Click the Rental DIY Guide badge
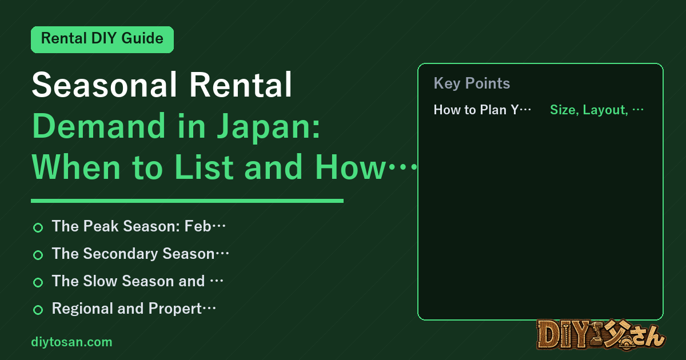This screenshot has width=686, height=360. (x=102, y=39)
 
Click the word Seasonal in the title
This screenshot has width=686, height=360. (x=105, y=85)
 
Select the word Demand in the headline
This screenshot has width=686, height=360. (x=98, y=126)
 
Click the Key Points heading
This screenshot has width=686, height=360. (x=472, y=83)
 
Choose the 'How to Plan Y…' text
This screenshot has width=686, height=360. (x=482, y=110)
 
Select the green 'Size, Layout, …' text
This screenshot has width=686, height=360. (x=597, y=110)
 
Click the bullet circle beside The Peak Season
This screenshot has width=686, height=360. (x=38, y=228)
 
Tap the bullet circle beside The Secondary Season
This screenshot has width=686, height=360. (x=38, y=255)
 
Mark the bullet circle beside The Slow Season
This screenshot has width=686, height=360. (x=38, y=282)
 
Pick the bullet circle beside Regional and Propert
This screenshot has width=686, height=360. (x=38, y=310)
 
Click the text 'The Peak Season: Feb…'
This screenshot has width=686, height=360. (x=139, y=226)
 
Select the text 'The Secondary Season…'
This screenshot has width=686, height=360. (x=141, y=254)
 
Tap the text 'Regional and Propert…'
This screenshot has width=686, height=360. (x=134, y=309)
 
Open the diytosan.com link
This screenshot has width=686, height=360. (x=71, y=342)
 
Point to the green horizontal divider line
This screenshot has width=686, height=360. (x=187, y=201)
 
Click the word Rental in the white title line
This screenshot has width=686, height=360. (x=241, y=85)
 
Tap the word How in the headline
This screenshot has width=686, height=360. (x=350, y=167)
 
